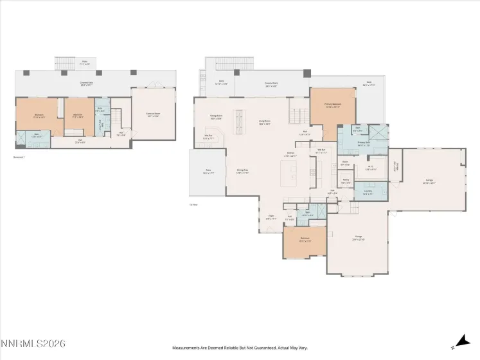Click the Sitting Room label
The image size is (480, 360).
216,117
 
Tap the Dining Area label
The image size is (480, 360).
242,171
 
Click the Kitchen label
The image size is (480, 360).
291,155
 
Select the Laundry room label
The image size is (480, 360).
368,192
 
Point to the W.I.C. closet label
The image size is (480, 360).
371,168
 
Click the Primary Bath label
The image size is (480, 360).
364,144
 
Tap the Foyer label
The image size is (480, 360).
271,218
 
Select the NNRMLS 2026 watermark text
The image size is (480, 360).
33,345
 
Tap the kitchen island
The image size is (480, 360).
289,172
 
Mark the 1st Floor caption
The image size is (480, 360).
193,204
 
